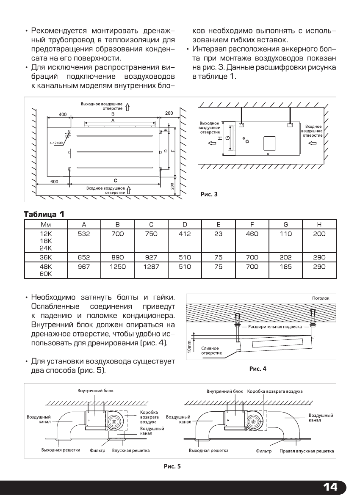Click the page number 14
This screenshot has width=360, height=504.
330,487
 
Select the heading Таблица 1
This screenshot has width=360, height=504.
44,214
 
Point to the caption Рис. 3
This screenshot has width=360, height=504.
209,195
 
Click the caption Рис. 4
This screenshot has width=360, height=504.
258,369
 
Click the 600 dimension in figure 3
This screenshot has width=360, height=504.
54,181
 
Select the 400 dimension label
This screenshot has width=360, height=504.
63,114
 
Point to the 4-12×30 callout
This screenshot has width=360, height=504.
56,143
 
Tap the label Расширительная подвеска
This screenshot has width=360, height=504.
275,327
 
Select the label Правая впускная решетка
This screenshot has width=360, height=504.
307,451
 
